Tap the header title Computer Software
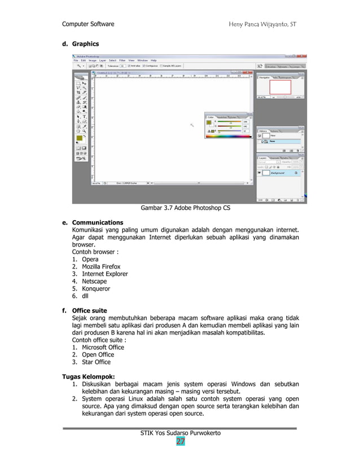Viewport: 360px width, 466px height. [x=88, y=24]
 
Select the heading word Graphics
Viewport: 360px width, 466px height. [x=85, y=44]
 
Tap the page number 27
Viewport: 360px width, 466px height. [x=180, y=441]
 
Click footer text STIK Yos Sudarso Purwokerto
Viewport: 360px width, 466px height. [x=180, y=433]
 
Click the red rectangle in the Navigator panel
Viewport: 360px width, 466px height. [x=280, y=86]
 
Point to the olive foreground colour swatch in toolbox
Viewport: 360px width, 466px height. [x=80, y=138]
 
